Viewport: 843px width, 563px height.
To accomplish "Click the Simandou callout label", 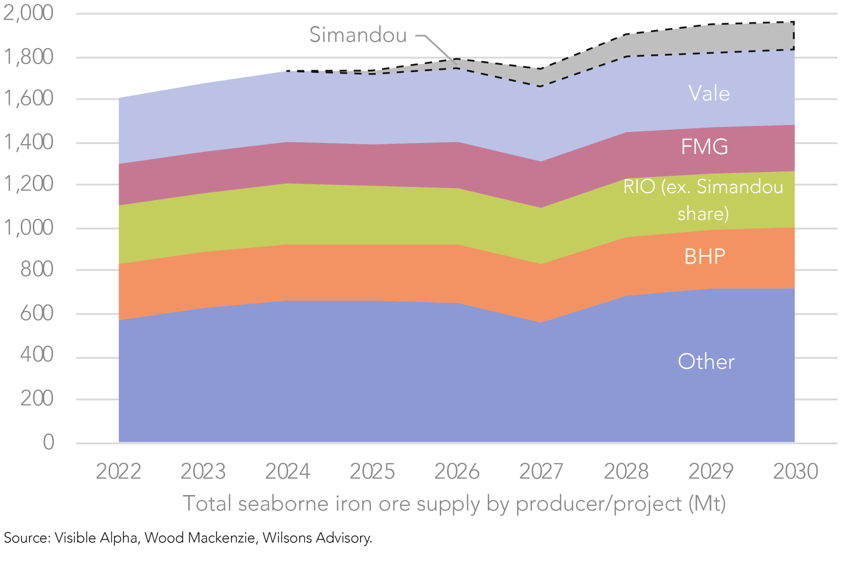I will [x=358, y=35].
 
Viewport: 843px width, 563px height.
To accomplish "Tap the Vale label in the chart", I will [x=709, y=94].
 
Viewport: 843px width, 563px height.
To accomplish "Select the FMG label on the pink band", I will [x=704, y=147].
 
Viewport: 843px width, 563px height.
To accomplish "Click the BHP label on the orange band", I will [x=704, y=257].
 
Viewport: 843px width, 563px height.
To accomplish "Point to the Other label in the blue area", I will [x=706, y=362].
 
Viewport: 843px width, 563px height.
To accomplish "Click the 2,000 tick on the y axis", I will [x=29, y=13].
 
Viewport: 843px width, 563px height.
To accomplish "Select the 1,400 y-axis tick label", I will [x=29, y=142].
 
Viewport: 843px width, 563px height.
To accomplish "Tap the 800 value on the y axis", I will [x=37, y=270].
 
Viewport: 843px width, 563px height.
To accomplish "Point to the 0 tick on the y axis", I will [x=49, y=442].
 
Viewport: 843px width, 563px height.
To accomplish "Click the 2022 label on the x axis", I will [x=118, y=471].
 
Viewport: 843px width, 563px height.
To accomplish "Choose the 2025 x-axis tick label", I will [x=372, y=471].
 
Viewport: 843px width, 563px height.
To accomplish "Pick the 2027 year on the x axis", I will [x=541, y=471].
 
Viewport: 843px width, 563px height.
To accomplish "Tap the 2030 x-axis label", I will [x=795, y=471].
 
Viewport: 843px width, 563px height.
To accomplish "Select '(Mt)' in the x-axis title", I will [x=707, y=504].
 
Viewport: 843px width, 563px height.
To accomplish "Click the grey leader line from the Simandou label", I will [x=440, y=48].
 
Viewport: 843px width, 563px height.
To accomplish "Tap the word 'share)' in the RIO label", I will [x=703, y=214].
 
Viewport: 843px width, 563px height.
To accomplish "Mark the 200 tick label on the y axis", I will [x=37, y=399].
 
